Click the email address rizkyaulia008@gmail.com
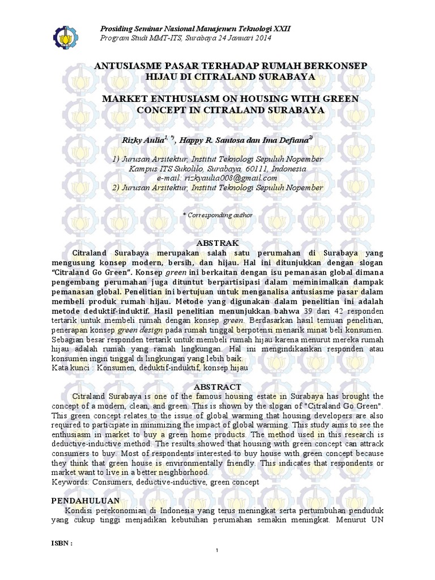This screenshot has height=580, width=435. click(217, 178)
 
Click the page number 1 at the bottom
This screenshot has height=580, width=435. click(218, 551)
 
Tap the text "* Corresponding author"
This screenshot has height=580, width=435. click(217, 215)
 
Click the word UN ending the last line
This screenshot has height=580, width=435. click(377, 519)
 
